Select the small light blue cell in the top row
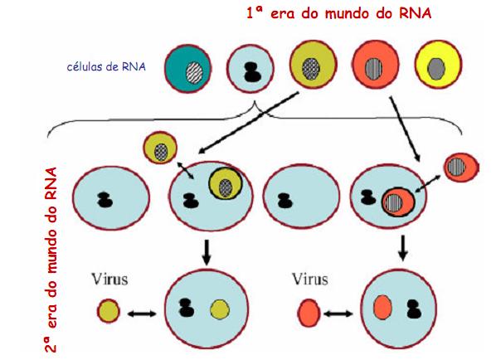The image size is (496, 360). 250,68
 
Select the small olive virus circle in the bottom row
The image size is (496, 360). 108,313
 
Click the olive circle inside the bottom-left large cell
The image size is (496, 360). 220,310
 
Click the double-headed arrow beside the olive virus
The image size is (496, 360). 143,314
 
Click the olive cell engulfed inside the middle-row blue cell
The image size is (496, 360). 226,185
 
